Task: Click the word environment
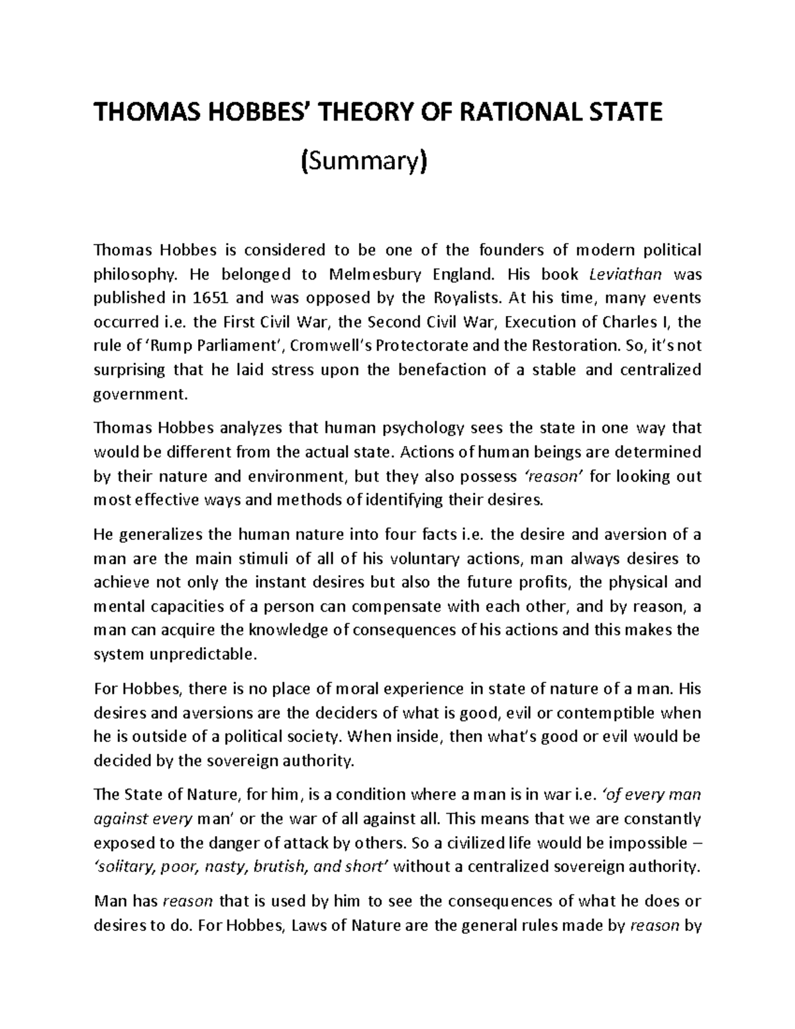click(288, 476)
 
